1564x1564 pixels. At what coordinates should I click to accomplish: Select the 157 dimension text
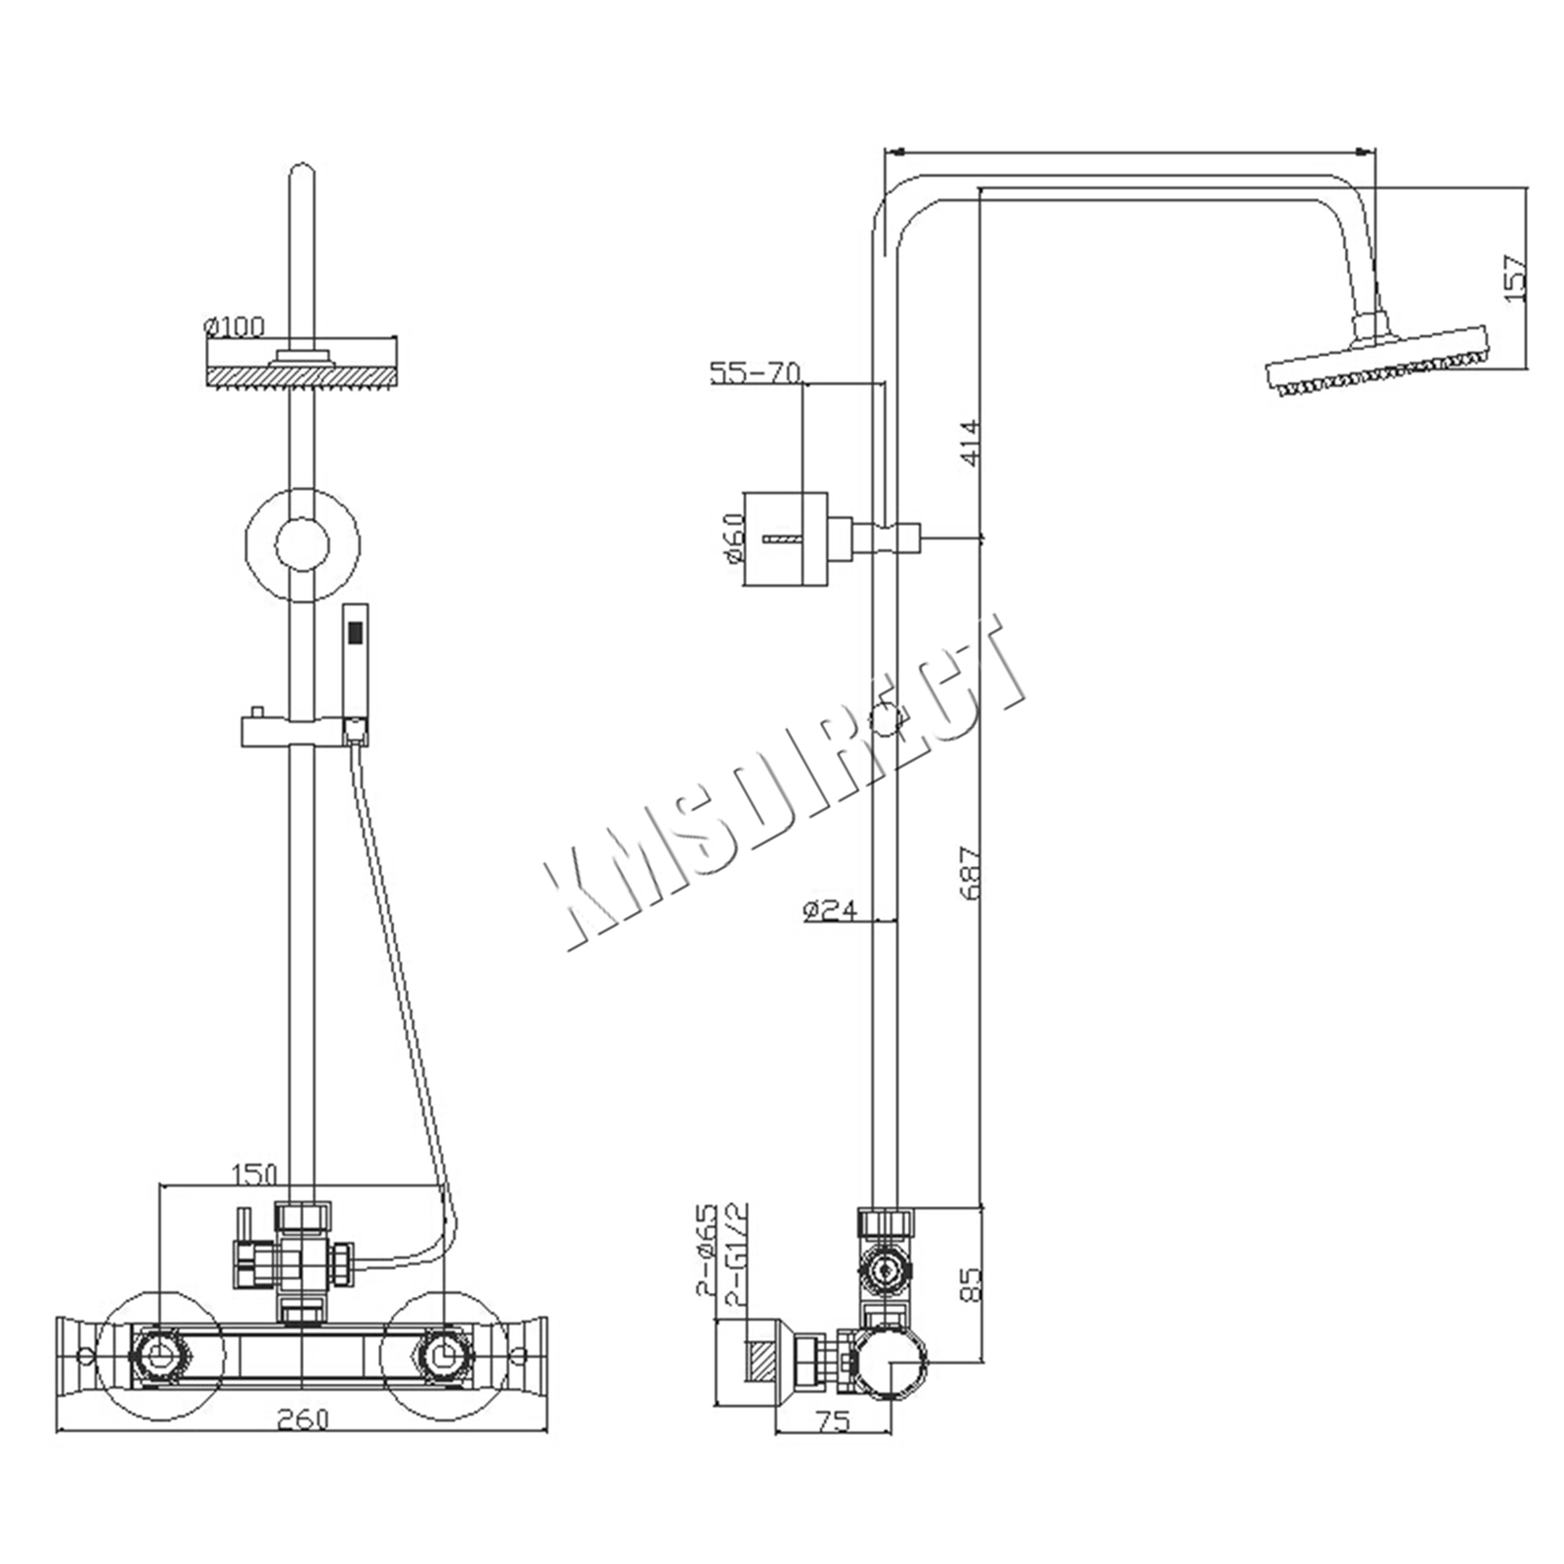point(1513,278)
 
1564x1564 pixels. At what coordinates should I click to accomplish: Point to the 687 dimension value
point(967,872)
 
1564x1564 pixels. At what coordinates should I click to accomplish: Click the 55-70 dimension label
point(756,372)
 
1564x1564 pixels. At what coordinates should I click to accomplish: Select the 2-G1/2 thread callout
point(738,1254)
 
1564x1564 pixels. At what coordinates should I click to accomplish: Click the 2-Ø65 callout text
point(706,1249)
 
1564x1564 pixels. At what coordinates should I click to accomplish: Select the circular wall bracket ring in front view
point(302,543)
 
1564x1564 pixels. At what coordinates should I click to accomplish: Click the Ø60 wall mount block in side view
point(786,539)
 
